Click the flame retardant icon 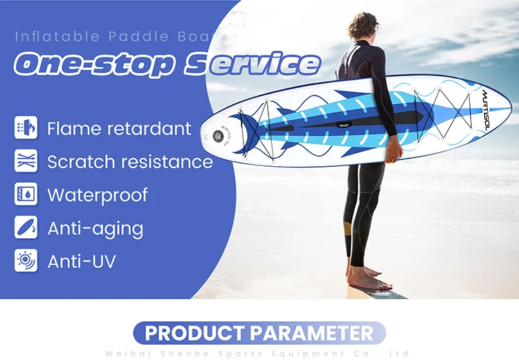coord(25,128)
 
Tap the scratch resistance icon coord(25,161)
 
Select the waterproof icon coord(25,195)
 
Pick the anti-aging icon coord(25,228)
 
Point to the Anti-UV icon coord(25,261)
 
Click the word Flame coord(71,128)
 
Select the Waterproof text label coord(97,195)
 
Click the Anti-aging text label coord(95,228)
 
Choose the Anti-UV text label coord(81,261)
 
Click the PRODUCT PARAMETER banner coord(259,333)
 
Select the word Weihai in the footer coord(125,353)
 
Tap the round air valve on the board coord(221,136)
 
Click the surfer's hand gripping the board coord(393,145)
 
